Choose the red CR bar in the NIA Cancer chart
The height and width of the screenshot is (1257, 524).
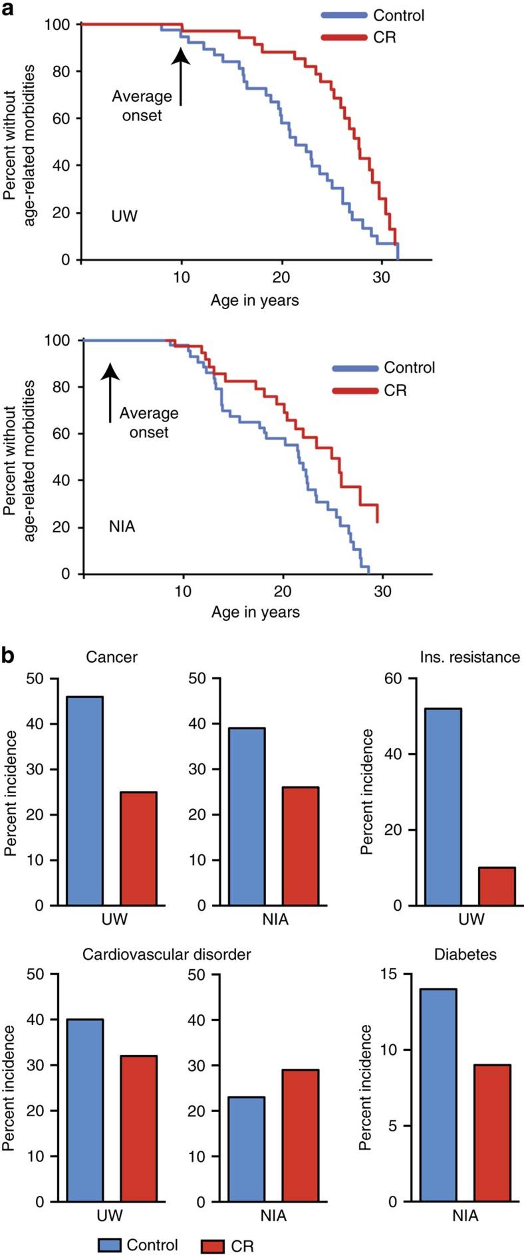[x=300, y=846]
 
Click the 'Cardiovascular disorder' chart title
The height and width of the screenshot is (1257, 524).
[x=166, y=954]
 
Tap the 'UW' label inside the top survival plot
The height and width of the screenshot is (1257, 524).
[x=124, y=215]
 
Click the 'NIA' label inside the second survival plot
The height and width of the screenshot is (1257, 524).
[x=122, y=527]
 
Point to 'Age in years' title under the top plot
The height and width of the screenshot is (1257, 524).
[x=255, y=300]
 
